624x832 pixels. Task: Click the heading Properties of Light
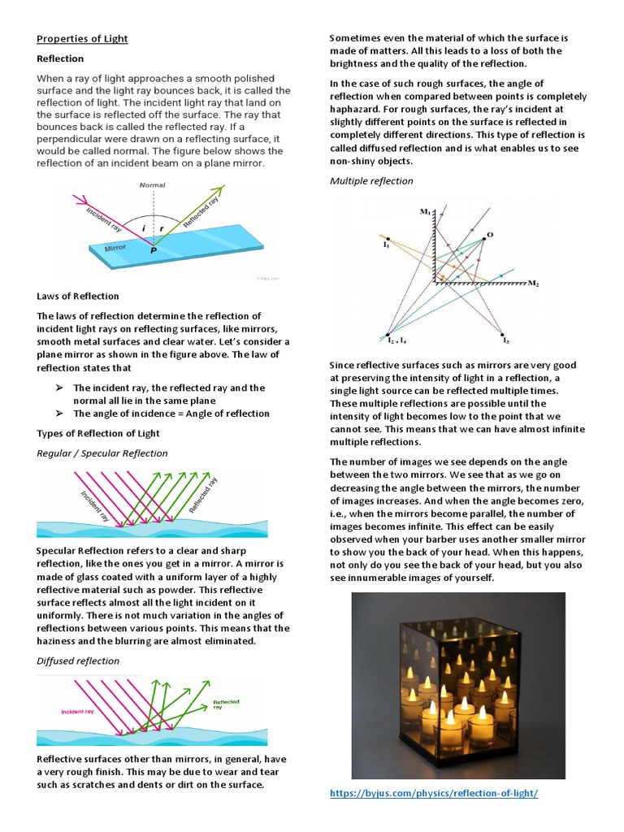(x=82, y=39)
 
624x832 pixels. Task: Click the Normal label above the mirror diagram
(x=152, y=185)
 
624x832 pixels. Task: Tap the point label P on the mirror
(x=153, y=253)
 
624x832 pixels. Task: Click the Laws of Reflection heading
(x=78, y=296)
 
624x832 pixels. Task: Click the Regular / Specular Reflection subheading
(x=102, y=453)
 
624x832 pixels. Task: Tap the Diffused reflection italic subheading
(x=78, y=661)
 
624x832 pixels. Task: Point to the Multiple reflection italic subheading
(x=371, y=180)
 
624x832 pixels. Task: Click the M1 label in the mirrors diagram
(x=424, y=212)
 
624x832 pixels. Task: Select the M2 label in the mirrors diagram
(x=534, y=284)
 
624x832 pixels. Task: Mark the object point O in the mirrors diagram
(x=488, y=235)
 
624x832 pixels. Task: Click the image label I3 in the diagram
(x=505, y=341)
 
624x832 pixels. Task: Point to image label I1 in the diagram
(x=387, y=243)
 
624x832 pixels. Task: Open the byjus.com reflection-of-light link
(x=434, y=792)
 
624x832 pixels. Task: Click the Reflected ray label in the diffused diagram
(x=225, y=704)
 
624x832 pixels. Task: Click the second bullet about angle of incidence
(x=171, y=413)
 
